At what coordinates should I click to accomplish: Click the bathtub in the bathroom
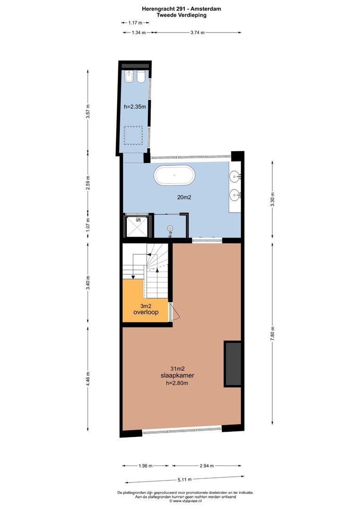click(174, 175)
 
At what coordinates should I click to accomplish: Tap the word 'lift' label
click(138, 220)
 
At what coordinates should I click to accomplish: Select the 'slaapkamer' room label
click(177, 376)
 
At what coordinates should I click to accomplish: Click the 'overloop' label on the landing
click(146, 312)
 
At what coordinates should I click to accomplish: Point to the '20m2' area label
click(184, 197)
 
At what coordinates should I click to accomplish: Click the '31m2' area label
click(177, 369)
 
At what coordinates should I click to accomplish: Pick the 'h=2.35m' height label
click(135, 107)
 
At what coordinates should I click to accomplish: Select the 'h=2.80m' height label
click(177, 383)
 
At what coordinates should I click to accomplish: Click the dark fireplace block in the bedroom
click(232, 363)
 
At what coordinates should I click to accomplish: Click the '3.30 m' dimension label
click(273, 200)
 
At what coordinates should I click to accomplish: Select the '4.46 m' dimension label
click(88, 379)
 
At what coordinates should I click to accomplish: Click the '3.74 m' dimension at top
click(198, 33)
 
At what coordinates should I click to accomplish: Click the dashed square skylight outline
click(133, 135)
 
